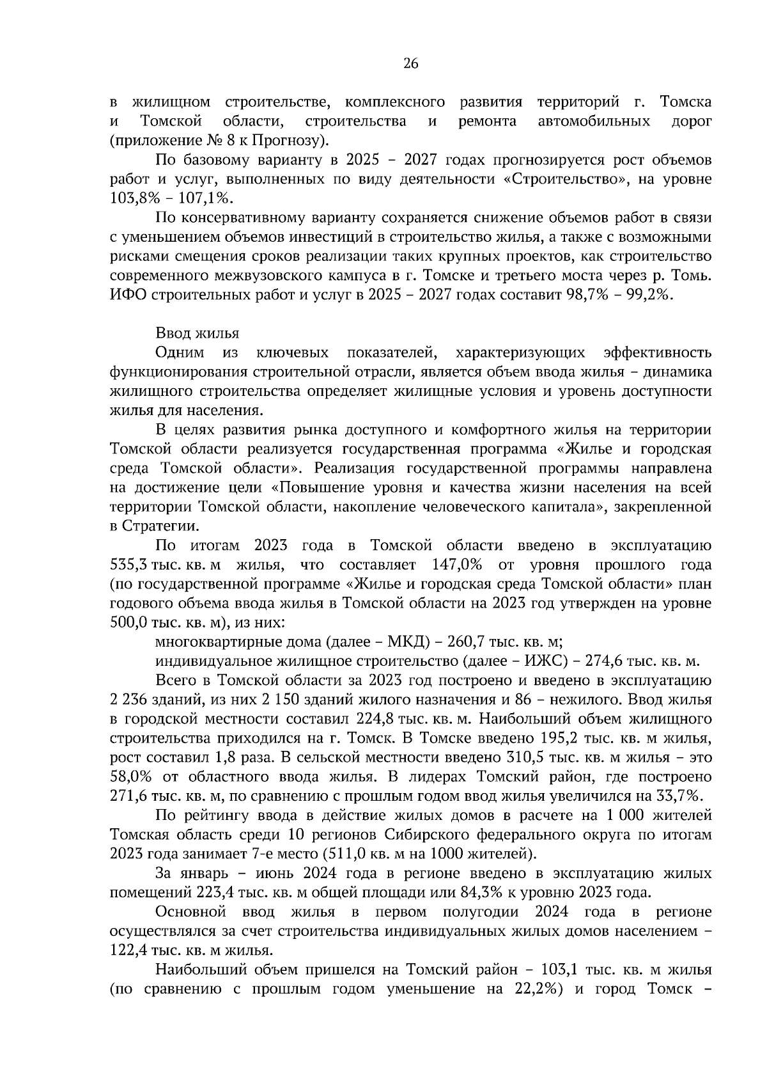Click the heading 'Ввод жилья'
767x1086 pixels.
click(197, 333)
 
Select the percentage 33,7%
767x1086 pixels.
click(680, 796)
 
